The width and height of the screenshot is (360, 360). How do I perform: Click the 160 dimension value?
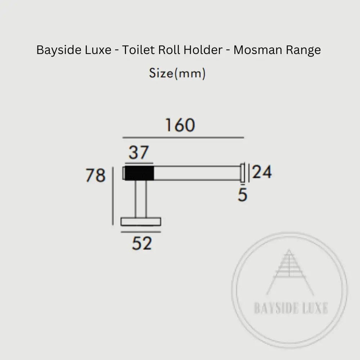point(180,125)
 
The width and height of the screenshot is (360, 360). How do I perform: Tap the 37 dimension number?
point(139,153)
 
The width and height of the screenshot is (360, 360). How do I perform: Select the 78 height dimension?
point(95,176)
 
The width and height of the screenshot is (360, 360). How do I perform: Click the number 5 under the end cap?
point(243,195)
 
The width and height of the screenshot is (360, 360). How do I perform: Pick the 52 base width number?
point(141,244)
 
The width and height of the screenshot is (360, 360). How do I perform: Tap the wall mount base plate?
point(141,221)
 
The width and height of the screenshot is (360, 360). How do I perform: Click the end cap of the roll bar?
point(243,173)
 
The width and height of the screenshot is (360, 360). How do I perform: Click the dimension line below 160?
point(183,138)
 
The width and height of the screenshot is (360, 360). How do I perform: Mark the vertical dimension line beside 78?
point(113,196)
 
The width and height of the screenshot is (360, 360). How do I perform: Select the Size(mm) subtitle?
point(177,73)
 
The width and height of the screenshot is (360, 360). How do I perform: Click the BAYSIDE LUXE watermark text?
point(291,309)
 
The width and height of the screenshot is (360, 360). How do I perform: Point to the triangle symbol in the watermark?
point(289,272)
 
